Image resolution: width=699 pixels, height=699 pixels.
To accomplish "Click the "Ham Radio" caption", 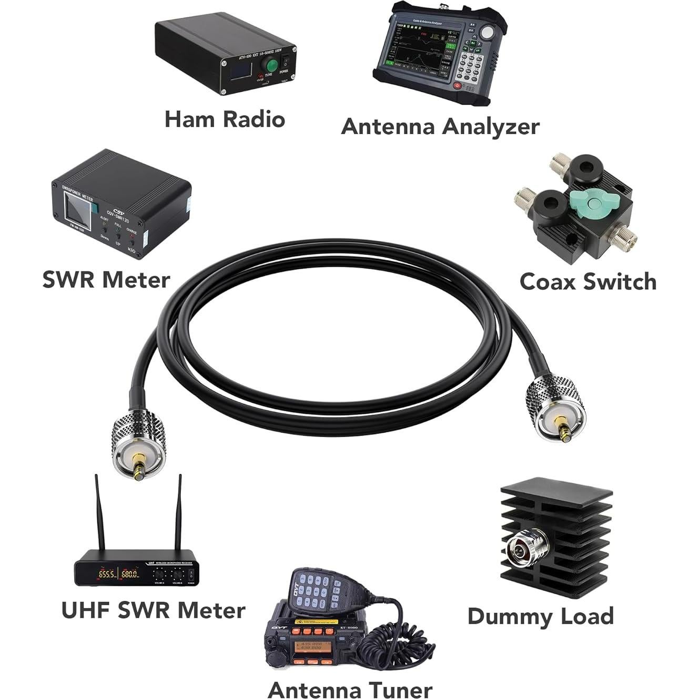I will click(x=225, y=119).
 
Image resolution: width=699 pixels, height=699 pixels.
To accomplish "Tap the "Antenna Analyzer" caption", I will click(x=440, y=127).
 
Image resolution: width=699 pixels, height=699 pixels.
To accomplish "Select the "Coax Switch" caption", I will click(x=587, y=282).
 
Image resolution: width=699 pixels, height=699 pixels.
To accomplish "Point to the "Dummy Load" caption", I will click(x=540, y=616).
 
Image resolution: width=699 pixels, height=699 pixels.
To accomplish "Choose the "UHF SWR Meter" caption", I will click(x=153, y=611).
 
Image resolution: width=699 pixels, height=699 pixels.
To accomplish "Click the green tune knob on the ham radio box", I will click(x=272, y=66).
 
